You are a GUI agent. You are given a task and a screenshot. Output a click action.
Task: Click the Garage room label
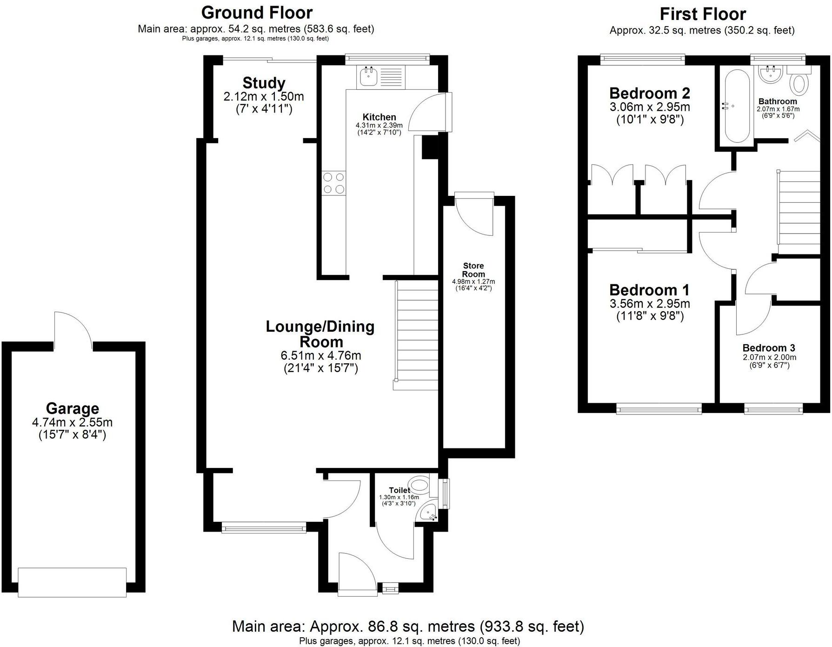coord(72,408)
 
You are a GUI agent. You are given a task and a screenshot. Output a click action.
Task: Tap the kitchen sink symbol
coord(369,76)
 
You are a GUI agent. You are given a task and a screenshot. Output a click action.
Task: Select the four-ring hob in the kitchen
coord(334,183)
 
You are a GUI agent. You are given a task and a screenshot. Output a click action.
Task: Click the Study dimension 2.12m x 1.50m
coord(263,97)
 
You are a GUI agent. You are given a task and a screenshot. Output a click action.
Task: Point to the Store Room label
coord(473,270)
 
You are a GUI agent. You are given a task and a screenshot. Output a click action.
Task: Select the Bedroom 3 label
coord(769,348)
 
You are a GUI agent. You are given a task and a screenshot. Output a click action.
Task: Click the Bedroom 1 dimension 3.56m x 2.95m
coord(649,304)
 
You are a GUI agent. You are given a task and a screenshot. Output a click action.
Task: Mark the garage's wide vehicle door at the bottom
coord(72,582)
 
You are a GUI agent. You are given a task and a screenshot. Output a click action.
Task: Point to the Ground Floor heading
coord(257,12)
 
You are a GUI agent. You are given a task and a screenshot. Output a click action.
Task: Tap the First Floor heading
coord(702,14)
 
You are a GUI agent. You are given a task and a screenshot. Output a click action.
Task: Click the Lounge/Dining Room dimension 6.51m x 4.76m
coord(320,355)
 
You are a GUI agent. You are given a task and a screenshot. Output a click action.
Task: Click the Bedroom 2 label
coord(649,93)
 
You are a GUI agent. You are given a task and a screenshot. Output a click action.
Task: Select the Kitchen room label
coord(379,117)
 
